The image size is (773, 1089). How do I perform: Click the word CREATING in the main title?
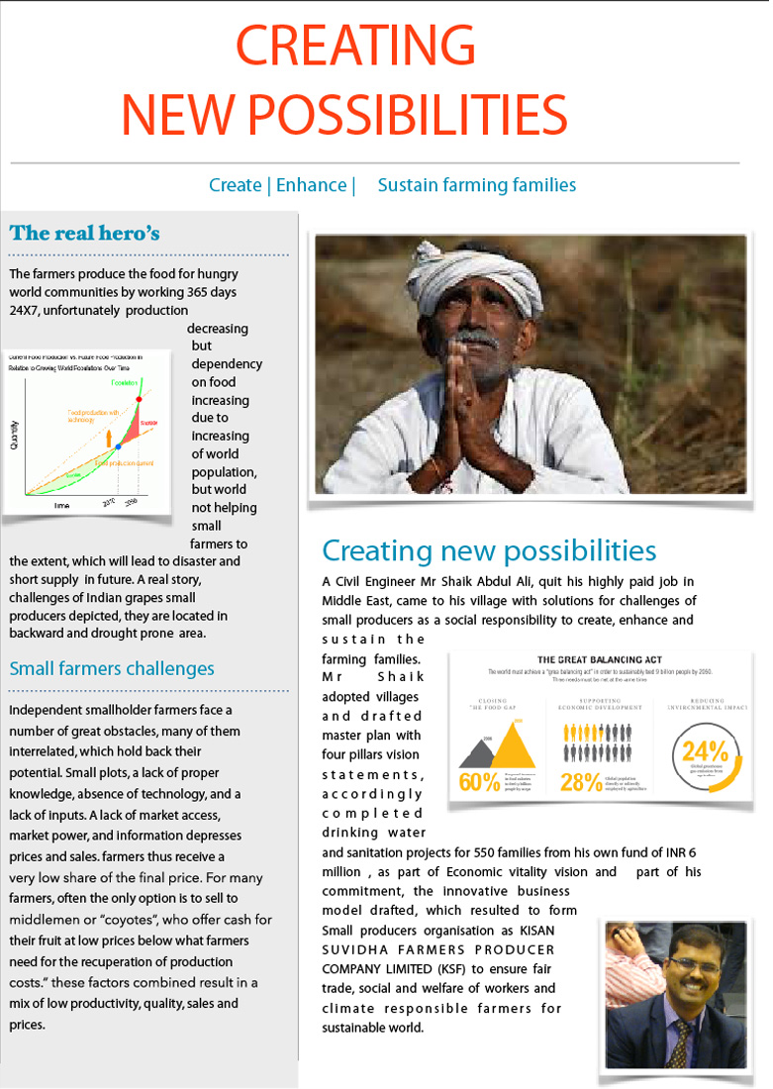click(355, 46)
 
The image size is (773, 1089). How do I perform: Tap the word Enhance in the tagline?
click(311, 185)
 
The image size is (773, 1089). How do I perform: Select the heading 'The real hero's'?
click(84, 234)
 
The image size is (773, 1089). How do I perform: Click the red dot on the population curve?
click(140, 399)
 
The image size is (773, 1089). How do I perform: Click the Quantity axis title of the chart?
click(15, 434)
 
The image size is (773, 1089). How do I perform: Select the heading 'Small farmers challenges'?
click(112, 669)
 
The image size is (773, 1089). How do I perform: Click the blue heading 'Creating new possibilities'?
click(489, 550)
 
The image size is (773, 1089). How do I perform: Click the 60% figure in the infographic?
click(479, 781)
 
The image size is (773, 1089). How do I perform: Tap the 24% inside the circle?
click(706, 751)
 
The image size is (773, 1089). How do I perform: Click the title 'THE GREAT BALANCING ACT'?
click(599, 659)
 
